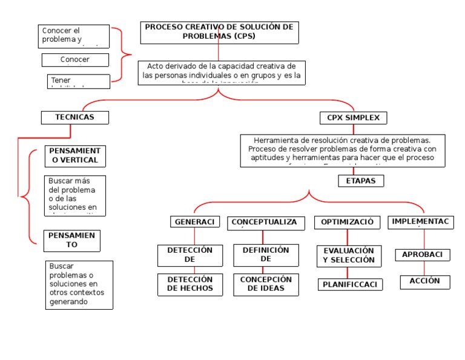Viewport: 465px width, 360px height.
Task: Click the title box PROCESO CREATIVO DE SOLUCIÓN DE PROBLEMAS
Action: pyautogui.click(x=220, y=32)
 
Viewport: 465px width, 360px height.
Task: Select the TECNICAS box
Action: pyautogui.click(x=75, y=118)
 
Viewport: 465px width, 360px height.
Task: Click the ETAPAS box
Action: pyautogui.click(x=361, y=181)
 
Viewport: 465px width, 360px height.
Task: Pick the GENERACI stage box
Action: pyautogui.click(x=194, y=222)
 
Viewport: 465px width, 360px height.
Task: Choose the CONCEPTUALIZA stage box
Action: pyautogui.click(x=264, y=222)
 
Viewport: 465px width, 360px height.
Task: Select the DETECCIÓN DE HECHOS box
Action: pyautogui.click(x=190, y=284)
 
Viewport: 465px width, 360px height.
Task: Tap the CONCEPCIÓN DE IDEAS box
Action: pyautogui.click(x=266, y=284)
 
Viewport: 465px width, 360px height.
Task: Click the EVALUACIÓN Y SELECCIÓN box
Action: pyautogui.click(x=349, y=256)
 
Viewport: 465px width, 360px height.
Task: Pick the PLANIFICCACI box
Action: pyautogui.click(x=350, y=284)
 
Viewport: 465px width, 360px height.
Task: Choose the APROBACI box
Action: pyautogui.click(x=423, y=255)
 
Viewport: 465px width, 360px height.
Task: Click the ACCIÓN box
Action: pyautogui.click(x=424, y=282)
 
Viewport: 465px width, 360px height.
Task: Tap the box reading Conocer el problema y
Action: pyautogui.click(x=75, y=36)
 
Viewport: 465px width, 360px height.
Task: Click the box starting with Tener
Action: pyautogui.click(x=79, y=81)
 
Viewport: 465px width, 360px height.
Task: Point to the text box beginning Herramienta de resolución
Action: pyautogui.click(x=343, y=150)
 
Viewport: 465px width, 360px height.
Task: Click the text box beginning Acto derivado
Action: pyautogui.click(x=221, y=72)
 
